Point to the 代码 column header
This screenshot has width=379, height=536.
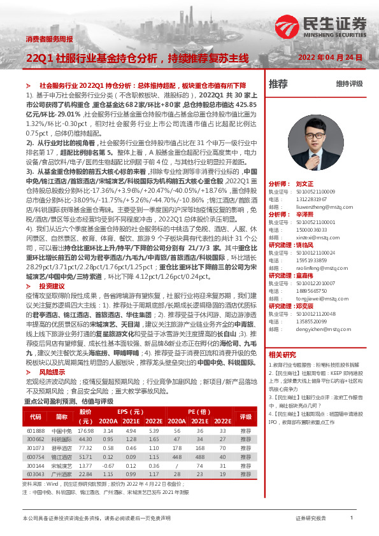[36, 417]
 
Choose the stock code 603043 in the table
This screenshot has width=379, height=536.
[36, 474]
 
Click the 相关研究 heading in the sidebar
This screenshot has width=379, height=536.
[282, 372]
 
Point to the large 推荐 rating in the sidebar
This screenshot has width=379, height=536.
[278, 84]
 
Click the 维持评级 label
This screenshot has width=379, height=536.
[349, 84]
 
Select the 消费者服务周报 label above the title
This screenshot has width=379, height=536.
[49, 39]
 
